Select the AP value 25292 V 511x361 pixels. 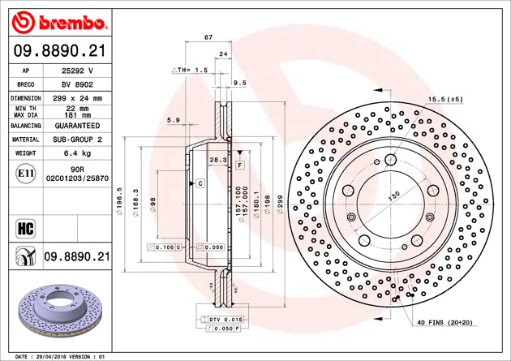tap(78, 71)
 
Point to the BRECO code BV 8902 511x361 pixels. tap(78, 84)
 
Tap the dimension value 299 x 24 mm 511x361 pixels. tap(78, 98)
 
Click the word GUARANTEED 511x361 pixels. tap(78, 127)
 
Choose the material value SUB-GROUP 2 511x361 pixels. tap(78, 140)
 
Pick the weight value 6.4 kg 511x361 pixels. tap(78, 153)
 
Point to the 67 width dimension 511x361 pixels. tap(208, 37)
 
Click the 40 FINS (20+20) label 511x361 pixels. tap(444, 323)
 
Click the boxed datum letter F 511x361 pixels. tap(240, 164)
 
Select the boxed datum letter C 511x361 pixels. tap(199, 184)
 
